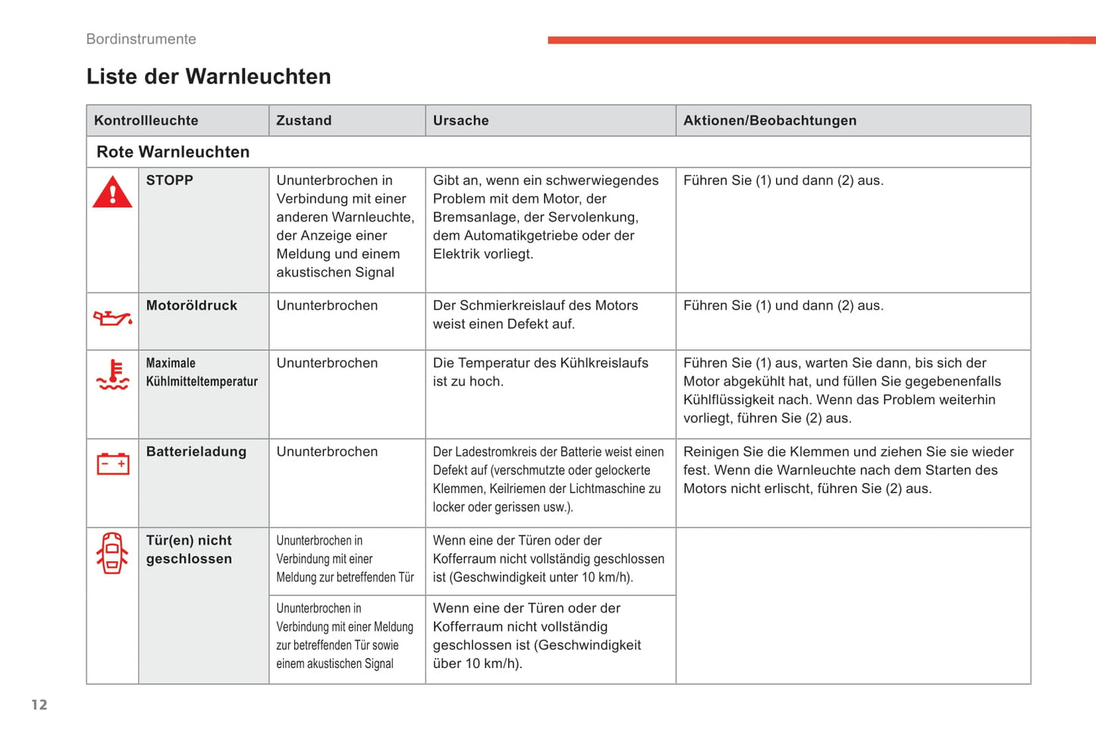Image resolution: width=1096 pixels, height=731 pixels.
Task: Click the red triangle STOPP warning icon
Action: pyautogui.click(x=112, y=193)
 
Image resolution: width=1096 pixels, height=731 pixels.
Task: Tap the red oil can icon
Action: pyautogui.click(x=112, y=318)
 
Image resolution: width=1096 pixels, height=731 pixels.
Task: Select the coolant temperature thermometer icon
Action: pyautogui.click(x=112, y=375)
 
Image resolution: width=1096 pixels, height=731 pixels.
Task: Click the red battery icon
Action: pyautogui.click(x=112, y=463)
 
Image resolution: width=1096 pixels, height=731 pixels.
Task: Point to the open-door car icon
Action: pyautogui.click(x=112, y=552)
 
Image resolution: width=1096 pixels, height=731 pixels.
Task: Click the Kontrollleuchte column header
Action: pyautogui.click(x=146, y=121)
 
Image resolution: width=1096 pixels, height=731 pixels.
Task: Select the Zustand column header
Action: pyautogui.click(x=303, y=121)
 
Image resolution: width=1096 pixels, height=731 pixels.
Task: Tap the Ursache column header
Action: pyautogui.click(x=460, y=121)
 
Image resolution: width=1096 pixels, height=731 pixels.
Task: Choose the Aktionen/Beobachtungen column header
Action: pyautogui.click(x=769, y=121)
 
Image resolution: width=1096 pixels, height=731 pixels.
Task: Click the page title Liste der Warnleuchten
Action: pyautogui.click(x=209, y=77)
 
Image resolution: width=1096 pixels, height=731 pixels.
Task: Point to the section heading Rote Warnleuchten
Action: pyautogui.click(x=173, y=152)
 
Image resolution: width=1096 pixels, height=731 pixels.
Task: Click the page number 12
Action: pyautogui.click(x=39, y=704)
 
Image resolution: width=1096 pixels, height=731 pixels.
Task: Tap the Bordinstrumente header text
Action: pyautogui.click(x=141, y=39)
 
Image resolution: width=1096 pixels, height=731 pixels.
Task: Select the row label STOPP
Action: pyautogui.click(x=169, y=180)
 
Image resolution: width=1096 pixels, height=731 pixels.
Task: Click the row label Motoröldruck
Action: pyautogui.click(x=191, y=306)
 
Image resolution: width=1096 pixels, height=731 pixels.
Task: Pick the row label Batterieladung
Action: pyautogui.click(x=196, y=452)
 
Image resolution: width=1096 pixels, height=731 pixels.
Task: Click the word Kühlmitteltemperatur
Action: pyautogui.click(x=202, y=381)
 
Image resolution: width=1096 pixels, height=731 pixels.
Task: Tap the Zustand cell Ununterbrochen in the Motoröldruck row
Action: pyautogui.click(x=327, y=306)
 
